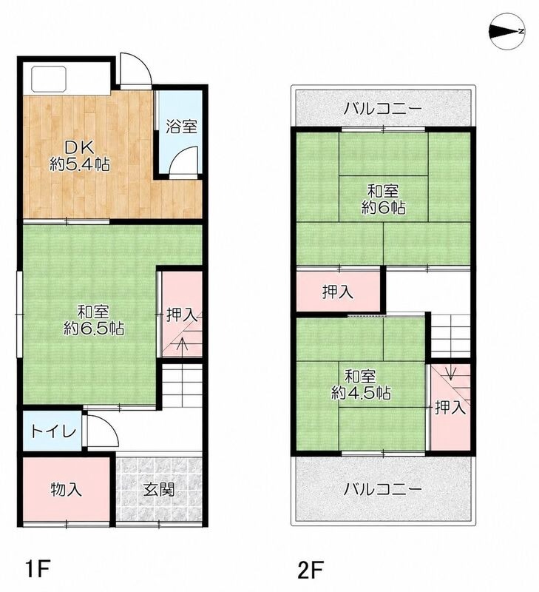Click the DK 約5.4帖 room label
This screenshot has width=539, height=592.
(80, 156)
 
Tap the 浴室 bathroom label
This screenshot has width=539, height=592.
(182, 127)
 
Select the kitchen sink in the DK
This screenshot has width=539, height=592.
(49, 79)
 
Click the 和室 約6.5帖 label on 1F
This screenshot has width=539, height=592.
(94, 320)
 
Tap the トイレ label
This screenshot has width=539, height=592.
(53, 431)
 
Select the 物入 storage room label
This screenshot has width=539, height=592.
(67, 490)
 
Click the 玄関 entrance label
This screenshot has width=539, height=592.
(159, 490)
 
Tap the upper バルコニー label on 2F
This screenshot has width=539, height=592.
(382, 109)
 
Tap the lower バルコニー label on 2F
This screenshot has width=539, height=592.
(382, 490)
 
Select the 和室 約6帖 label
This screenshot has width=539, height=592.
(383, 199)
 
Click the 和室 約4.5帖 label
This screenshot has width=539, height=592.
(361, 385)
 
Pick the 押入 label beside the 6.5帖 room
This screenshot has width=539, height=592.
(182, 315)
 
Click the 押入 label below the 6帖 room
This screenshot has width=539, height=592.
(338, 292)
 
